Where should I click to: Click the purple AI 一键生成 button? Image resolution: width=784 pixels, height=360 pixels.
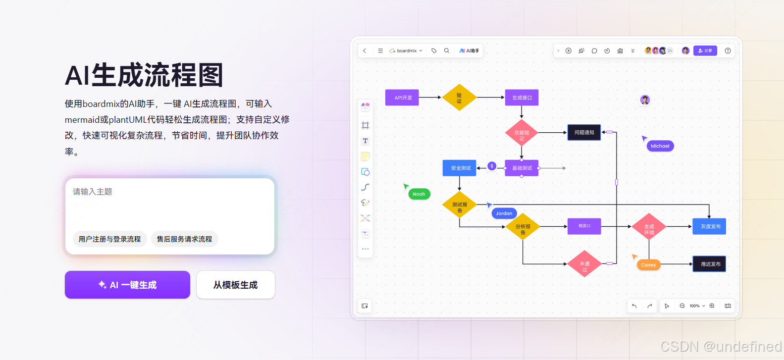(x=127, y=285)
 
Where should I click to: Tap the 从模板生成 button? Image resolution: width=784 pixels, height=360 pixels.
(x=235, y=285)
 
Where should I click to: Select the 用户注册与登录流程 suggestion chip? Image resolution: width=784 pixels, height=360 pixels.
(x=109, y=239)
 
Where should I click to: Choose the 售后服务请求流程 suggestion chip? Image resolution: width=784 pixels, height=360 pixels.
(x=184, y=239)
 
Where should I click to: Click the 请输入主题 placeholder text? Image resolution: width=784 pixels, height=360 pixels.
(x=93, y=192)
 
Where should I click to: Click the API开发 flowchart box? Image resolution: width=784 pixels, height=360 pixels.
(x=403, y=98)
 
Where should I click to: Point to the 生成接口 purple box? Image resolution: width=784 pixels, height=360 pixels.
(x=522, y=98)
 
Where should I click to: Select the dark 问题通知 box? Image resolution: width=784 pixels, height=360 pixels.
(x=584, y=132)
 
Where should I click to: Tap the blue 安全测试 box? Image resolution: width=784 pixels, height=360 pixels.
(x=460, y=168)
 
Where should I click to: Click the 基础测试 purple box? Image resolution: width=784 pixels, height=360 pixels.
(x=522, y=168)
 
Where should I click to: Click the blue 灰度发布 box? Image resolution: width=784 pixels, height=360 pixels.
(x=710, y=226)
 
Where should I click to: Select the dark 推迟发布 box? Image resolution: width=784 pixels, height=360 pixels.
(x=710, y=264)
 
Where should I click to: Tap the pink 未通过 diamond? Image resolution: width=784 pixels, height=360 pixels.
(x=584, y=264)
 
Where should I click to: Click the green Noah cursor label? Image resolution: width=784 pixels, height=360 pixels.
(x=418, y=194)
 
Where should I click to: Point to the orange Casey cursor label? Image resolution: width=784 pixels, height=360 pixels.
(x=648, y=265)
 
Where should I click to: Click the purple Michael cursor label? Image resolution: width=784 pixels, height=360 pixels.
(x=660, y=146)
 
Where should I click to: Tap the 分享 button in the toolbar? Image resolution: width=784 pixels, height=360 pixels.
(x=705, y=51)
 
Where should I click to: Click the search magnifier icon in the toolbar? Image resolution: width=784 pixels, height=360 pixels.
(x=447, y=51)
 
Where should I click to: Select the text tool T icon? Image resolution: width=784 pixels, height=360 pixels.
(x=366, y=141)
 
